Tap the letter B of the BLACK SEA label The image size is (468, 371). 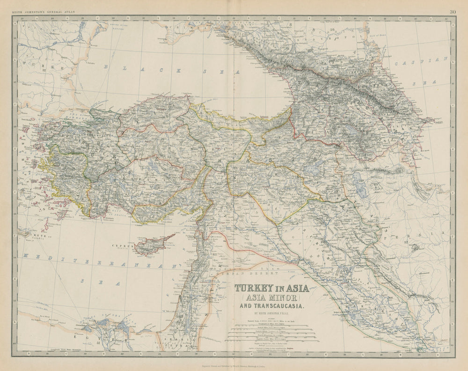click(x=106, y=66)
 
